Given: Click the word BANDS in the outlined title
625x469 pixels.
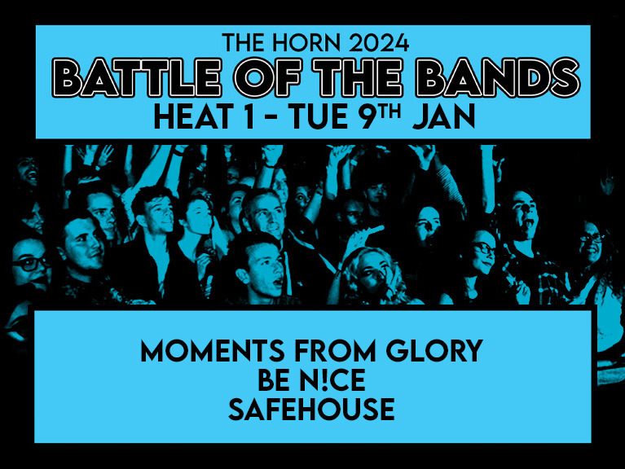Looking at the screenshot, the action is [x=498, y=77].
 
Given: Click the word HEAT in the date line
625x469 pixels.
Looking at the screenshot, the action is [x=194, y=116].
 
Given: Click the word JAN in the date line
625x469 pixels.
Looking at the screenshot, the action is [x=444, y=116].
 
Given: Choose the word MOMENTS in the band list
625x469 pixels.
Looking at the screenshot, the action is [x=213, y=351].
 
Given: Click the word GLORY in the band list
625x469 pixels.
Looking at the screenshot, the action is [x=434, y=351].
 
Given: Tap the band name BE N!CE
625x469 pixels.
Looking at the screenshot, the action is [x=311, y=380].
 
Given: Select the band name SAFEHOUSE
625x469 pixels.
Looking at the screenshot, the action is [x=311, y=410].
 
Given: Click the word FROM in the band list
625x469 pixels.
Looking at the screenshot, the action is [x=335, y=351].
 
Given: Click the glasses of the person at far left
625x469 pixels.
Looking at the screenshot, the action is [x=31, y=264].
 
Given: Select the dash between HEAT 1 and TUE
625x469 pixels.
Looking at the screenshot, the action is [x=272, y=118].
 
